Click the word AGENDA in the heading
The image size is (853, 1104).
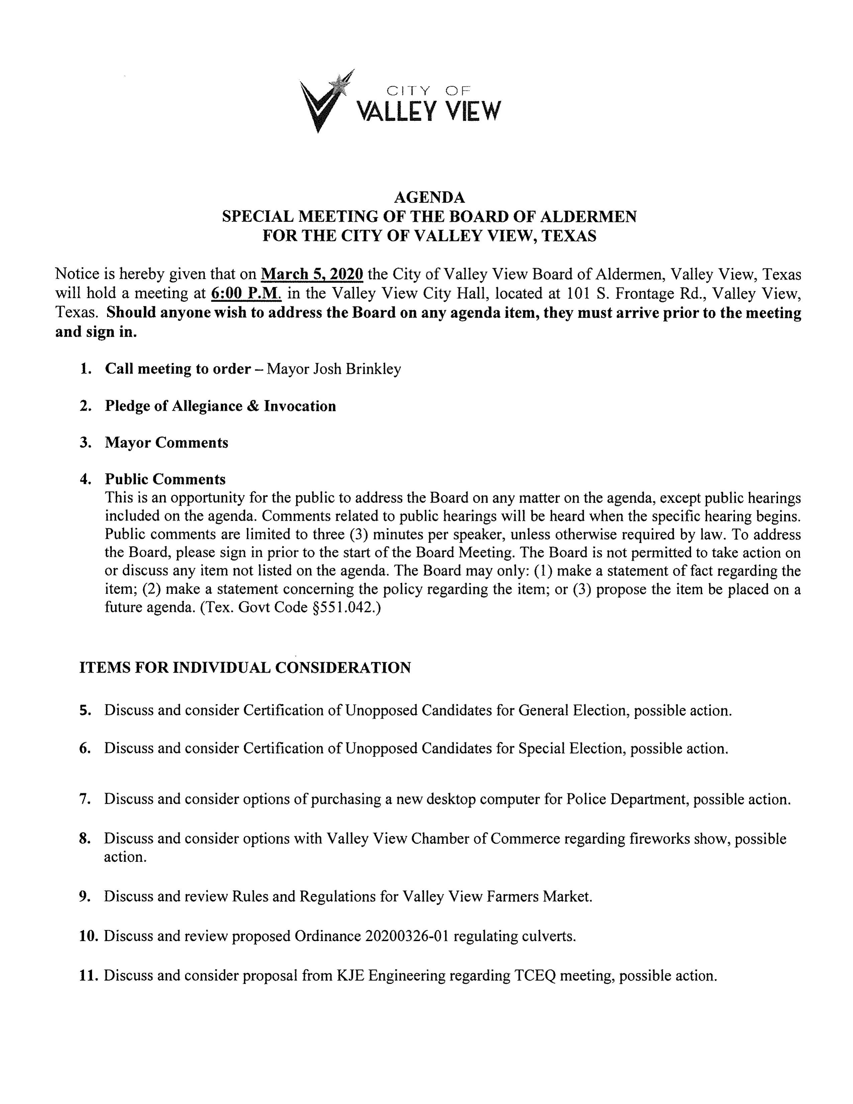click(429, 197)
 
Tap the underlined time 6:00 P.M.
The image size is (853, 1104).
click(246, 293)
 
